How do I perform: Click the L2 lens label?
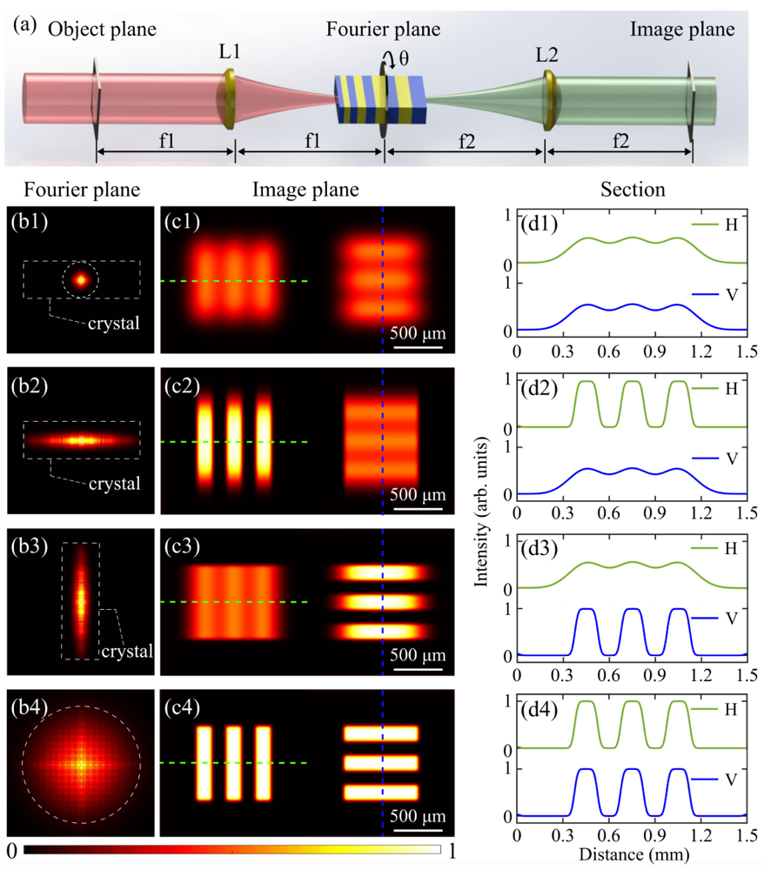[x=548, y=55]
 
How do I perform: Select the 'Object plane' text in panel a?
[x=102, y=29]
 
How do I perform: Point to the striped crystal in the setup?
[x=380, y=99]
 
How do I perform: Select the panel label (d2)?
[x=539, y=384]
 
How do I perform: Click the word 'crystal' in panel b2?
[x=115, y=484]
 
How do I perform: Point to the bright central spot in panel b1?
[x=81, y=280]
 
